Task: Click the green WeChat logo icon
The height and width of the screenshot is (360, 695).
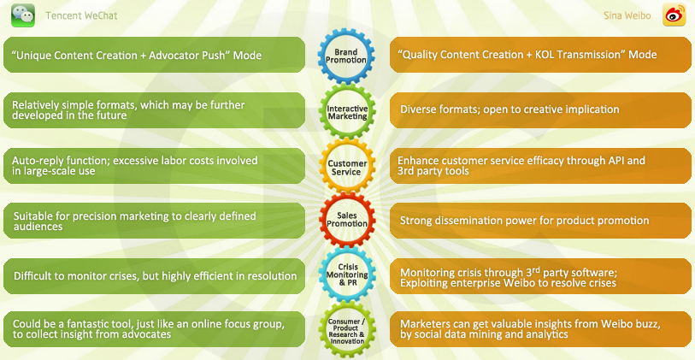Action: (x=22, y=15)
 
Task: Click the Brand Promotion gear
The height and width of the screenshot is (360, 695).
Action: (x=347, y=56)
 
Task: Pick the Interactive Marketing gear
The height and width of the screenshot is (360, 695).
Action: (x=347, y=109)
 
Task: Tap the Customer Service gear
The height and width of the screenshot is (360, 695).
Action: (x=347, y=166)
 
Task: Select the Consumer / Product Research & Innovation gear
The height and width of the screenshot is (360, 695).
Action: (x=347, y=329)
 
